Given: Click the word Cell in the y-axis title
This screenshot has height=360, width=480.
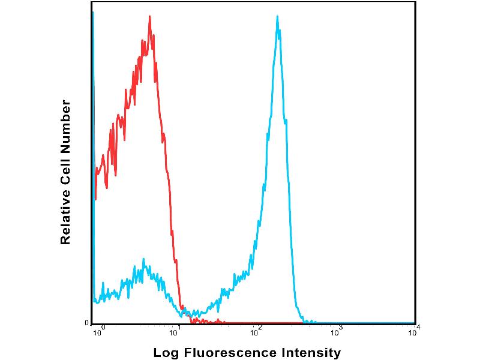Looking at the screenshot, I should [65, 169].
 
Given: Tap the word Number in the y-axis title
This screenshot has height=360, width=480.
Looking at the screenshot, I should [65, 127].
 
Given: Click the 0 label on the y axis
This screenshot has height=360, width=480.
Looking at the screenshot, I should [87, 323].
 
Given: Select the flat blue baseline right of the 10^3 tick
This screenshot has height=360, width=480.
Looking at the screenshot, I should [372, 323].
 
